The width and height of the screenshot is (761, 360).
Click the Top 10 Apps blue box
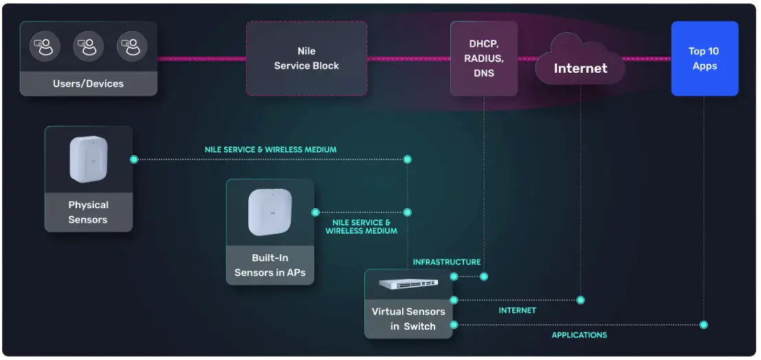pos(705,58)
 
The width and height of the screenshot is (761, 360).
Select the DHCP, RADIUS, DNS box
pos(483,58)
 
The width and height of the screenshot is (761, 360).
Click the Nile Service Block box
pos(307,58)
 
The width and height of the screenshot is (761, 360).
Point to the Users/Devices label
pos(88,84)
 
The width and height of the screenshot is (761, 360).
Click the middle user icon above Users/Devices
pos(88,47)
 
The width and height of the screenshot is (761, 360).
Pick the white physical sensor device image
pos(88,160)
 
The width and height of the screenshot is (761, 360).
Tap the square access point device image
pos(269,213)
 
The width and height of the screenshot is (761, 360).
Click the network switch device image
pos(408,283)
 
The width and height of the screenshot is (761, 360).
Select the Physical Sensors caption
pos(88,212)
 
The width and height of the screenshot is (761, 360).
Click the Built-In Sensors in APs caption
pos(269,265)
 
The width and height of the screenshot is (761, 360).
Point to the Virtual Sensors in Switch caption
pos(408,319)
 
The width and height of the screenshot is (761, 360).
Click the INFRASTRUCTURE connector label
pos(446,262)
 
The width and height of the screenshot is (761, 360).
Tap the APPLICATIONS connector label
pos(580,335)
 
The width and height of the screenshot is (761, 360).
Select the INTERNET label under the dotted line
pos(517,311)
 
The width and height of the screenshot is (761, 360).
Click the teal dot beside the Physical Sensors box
pos(134,159)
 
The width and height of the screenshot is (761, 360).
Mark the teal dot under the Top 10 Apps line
pos(703,324)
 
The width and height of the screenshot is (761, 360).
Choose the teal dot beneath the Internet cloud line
pos(580,300)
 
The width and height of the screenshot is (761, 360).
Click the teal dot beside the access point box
pos(316,212)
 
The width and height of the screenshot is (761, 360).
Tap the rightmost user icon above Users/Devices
pos(132,47)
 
